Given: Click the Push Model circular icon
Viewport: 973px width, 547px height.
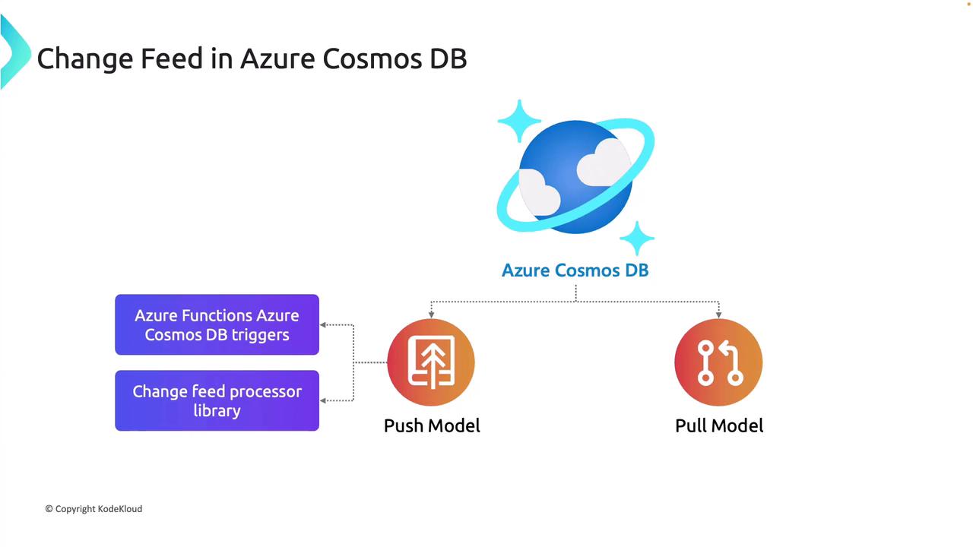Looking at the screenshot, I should point(431,362).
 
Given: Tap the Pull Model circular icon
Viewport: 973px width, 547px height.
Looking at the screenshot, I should point(718,362).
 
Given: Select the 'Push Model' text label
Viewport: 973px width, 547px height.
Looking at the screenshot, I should point(432,425).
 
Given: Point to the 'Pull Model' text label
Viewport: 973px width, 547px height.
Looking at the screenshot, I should point(719,425).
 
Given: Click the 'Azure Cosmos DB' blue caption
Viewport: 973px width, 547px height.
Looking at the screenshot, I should point(575,270).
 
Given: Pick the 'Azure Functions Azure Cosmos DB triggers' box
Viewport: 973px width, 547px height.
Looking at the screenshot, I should point(217,325).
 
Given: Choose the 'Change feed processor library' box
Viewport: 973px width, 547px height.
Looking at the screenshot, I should point(217,400).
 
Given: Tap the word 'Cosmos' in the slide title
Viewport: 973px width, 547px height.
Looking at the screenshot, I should point(364,58).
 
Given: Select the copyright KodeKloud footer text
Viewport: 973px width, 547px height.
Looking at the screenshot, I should point(93,509).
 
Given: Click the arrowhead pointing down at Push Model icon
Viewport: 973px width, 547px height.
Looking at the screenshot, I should point(431,314).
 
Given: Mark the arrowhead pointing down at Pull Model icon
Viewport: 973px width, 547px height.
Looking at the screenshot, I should point(718,314).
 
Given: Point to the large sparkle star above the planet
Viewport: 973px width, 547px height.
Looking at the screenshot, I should point(519,120).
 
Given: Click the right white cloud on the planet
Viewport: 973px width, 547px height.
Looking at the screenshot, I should point(604,162).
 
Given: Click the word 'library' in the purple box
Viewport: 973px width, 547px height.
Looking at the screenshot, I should point(217,411).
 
